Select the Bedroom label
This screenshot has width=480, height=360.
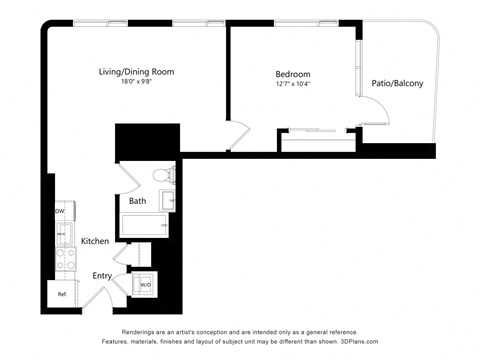pyautogui.click(x=293, y=74)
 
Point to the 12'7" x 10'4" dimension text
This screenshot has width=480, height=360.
pyautogui.click(x=293, y=84)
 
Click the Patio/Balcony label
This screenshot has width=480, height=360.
pyautogui.click(x=397, y=83)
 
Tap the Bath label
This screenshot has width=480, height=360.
pyautogui.click(x=138, y=201)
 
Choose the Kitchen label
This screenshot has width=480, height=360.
pyautogui.click(x=95, y=241)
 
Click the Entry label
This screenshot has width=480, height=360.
pyautogui.click(x=102, y=276)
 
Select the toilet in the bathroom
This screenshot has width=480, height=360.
pyautogui.click(x=163, y=177)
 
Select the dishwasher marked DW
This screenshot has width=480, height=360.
pyautogui.click(x=60, y=212)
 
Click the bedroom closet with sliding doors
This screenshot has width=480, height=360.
pyautogui.click(x=318, y=140)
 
